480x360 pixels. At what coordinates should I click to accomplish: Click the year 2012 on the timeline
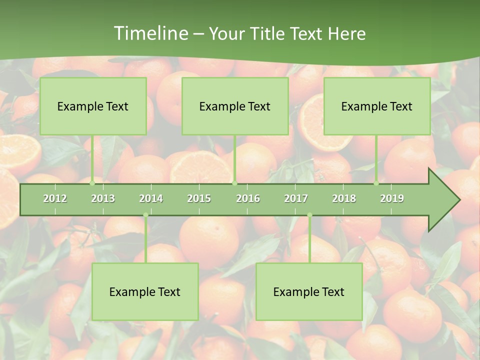pos(55,198)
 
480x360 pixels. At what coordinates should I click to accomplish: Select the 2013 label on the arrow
pos(103,198)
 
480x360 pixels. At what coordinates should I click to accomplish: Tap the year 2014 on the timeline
pos(151,198)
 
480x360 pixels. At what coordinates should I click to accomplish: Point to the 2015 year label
pos(199,198)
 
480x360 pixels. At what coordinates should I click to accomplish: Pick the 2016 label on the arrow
pos(248,198)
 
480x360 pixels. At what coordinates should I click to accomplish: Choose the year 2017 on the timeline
pos(296,198)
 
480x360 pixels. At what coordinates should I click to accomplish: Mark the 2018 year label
pos(344,198)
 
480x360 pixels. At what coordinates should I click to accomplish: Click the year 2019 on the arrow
pos(392,198)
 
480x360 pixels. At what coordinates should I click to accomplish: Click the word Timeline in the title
pos(150,33)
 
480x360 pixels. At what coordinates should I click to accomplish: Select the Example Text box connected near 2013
pos(93,106)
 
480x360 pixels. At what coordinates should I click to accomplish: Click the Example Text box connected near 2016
pos(235,106)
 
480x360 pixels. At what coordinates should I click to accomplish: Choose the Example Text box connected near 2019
pos(377,106)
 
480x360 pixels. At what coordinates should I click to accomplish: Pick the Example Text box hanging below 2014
pos(145,291)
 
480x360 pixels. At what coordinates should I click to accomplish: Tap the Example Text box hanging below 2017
pos(309,291)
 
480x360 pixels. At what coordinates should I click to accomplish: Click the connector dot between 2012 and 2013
pos(92,183)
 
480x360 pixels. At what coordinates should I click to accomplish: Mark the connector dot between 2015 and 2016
pos(234,183)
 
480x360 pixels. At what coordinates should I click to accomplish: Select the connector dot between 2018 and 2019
pos(376,183)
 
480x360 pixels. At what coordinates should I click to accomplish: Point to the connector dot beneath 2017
pos(309,215)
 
